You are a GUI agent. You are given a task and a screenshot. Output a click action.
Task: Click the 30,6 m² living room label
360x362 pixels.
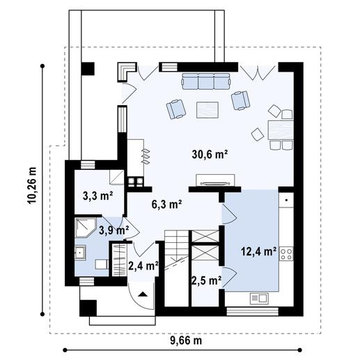[210, 155]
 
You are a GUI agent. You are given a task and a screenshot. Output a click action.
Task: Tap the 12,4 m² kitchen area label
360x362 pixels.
[259, 251]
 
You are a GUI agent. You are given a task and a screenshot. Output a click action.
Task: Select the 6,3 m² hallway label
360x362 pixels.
[166, 204]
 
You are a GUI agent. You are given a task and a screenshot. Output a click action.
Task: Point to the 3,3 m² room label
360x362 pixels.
[97, 196]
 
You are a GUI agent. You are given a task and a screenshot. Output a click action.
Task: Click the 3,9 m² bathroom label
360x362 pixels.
[114, 230]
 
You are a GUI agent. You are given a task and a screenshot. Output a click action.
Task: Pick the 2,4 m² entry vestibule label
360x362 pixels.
[143, 266]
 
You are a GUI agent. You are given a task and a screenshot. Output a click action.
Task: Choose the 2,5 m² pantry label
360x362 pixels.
[206, 281]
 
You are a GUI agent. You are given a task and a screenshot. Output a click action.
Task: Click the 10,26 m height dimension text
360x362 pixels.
[32, 185]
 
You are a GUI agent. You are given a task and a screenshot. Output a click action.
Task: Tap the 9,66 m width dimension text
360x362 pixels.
[186, 341]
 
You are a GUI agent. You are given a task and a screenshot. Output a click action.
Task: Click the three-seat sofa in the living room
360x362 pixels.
[206, 81]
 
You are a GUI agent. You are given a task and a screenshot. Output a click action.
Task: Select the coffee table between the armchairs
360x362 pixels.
[208, 110]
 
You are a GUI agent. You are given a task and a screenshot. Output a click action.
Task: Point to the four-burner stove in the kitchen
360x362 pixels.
[286, 254]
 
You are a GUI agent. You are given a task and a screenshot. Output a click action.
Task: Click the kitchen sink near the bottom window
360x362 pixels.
[259, 299]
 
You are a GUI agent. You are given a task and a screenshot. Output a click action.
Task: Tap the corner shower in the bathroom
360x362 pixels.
[86, 228]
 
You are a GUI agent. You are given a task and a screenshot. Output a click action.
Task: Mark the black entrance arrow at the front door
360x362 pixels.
[143, 294]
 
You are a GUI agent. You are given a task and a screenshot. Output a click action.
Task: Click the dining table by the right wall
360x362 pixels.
[281, 130]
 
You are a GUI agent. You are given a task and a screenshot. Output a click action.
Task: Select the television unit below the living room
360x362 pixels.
[215, 180]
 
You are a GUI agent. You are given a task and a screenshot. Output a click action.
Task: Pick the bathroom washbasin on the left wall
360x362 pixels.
[80, 253]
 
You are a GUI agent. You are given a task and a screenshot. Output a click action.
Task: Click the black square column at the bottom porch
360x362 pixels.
[88, 308]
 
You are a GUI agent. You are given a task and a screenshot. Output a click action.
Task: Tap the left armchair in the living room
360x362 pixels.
[176, 109]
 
